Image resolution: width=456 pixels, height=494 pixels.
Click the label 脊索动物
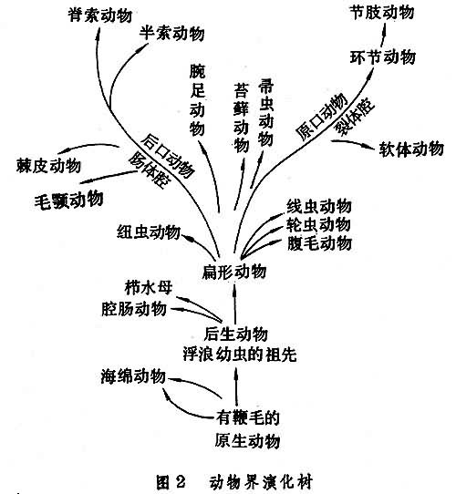tap(100, 15)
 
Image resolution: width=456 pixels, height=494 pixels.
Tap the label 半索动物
tap(171, 33)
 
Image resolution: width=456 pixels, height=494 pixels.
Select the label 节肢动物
tap(382, 13)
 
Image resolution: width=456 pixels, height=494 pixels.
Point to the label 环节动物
tap(382, 57)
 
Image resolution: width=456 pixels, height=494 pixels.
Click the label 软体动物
tap(411, 149)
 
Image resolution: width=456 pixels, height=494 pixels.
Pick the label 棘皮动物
tap(48, 165)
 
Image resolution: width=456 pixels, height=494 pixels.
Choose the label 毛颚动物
tap(68, 200)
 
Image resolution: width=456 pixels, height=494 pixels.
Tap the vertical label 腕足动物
tap(197, 100)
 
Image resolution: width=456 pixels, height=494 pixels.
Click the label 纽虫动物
tap(149, 232)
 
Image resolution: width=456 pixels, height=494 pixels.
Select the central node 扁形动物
tap(234, 272)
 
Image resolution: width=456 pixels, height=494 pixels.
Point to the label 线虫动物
tap(319, 206)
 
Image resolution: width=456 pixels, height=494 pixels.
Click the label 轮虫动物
tap(318, 225)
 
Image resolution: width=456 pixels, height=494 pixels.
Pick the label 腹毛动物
tap(319, 243)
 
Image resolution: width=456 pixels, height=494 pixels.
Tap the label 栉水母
tap(149, 287)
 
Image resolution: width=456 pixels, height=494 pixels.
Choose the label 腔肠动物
tap(134, 308)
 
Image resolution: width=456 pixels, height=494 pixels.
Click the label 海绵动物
tap(133, 376)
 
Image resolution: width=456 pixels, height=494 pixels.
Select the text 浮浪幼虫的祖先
tap(240, 355)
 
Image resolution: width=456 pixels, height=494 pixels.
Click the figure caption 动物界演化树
tap(262, 482)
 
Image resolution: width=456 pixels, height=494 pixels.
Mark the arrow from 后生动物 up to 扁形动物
tap(234, 304)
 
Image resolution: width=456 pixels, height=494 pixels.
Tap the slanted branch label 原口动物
tap(322, 117)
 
